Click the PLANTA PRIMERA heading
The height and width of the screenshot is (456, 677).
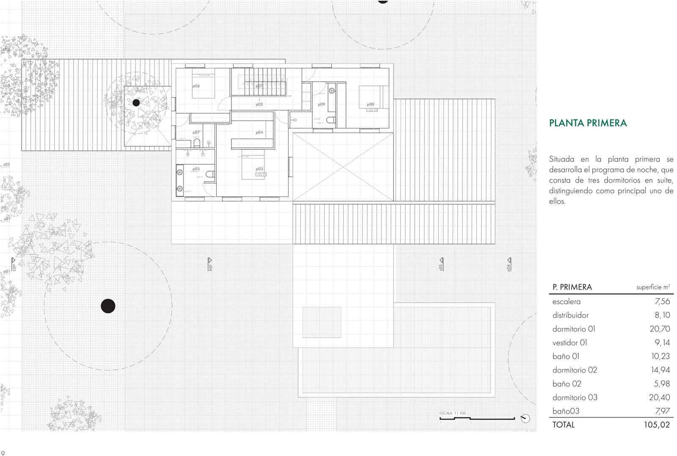click(x=588, y=123)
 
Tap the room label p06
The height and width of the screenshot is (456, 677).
click(x=196, y=86)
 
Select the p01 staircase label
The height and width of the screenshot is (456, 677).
click(x=259, y=86)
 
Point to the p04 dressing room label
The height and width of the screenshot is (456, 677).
click(x=259, y=132)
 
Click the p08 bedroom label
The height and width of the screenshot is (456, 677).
click(x=370, y=104)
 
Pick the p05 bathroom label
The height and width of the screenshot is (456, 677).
click(x=196, y=169)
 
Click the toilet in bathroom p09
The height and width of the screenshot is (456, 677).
click(x=331, y=120)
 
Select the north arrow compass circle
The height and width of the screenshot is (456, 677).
click(x=525, y=418)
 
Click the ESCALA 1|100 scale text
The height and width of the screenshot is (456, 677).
click(x=452, y=413)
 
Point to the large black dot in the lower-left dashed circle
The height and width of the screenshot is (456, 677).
click(x=108, y=306)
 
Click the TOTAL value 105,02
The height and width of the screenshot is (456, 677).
click(x=657, y=425)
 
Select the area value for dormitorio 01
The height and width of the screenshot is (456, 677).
click(x=660, y=329)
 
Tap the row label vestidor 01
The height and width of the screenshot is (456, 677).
click(x=570, y=343)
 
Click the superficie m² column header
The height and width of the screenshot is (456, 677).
click(x=653, y=287)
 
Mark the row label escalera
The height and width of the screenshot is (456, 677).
click(x=566, y=302)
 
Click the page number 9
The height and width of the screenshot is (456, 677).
click(x=3, y=453)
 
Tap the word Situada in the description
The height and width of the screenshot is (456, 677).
click(x=562, y=159)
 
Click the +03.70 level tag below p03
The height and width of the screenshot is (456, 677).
click(x=261, y=174)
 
